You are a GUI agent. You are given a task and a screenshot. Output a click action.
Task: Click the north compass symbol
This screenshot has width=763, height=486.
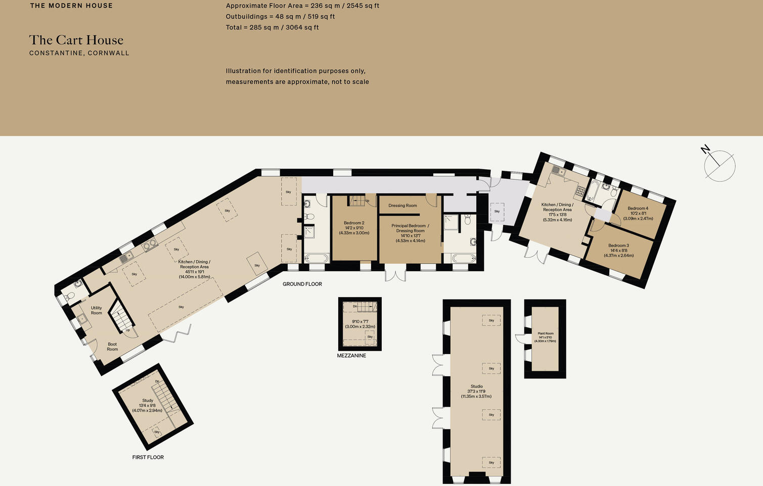[719, 165]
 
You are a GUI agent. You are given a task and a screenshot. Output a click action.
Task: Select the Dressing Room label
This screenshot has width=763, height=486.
[402, 206]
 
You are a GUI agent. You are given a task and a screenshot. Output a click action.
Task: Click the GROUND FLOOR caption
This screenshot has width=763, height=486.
[302, 284]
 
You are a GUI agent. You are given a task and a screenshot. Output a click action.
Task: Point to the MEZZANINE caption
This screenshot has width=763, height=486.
[351, 356]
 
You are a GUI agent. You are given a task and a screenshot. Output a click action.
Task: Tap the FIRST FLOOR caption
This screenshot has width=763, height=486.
[148, 457]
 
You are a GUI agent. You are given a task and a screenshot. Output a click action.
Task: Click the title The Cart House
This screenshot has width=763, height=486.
[76, 40]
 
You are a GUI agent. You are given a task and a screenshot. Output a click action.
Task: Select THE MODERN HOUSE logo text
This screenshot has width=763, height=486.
[71, 6]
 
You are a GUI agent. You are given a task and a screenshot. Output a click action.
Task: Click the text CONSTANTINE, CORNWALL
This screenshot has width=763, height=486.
[79, 53]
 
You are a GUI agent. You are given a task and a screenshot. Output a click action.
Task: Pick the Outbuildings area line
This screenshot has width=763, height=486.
[280, 17]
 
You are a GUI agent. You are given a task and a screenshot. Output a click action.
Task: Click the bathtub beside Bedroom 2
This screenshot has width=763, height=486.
[317, 259]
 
